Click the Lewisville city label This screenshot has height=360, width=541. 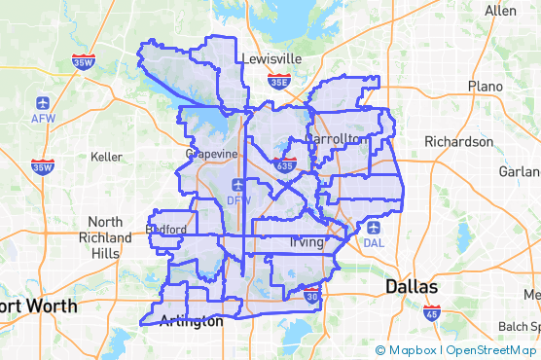click(270, 58)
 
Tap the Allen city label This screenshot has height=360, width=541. click(500, 11)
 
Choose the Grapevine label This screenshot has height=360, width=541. click(212, 154)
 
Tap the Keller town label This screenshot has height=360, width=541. click(106, 156)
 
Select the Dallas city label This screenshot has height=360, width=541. click(412, 287)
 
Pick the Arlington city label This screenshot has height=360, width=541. click(191, 321)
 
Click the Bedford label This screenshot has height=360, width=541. click(164, 230)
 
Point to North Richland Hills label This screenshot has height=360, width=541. click(105, 237)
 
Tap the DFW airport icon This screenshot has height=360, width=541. click(238, 185)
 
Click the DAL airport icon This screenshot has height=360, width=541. click(374, 228)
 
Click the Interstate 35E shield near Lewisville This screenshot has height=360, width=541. click(279, 83)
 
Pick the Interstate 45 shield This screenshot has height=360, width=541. click(432, 313)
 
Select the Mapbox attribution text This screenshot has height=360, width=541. click(411, 350)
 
